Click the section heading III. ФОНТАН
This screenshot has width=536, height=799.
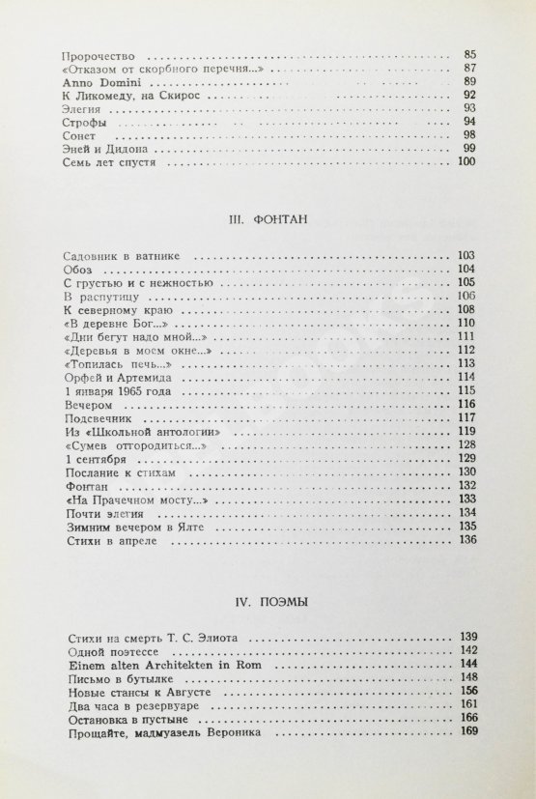click(x=268, y=220)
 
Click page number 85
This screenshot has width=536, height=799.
click(x=470, y=56)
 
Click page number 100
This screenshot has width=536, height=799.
click(x=467, y=163)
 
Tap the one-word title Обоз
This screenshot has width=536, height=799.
click(x=74, y=270)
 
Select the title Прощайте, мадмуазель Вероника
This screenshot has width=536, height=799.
click(x=157, y=732)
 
